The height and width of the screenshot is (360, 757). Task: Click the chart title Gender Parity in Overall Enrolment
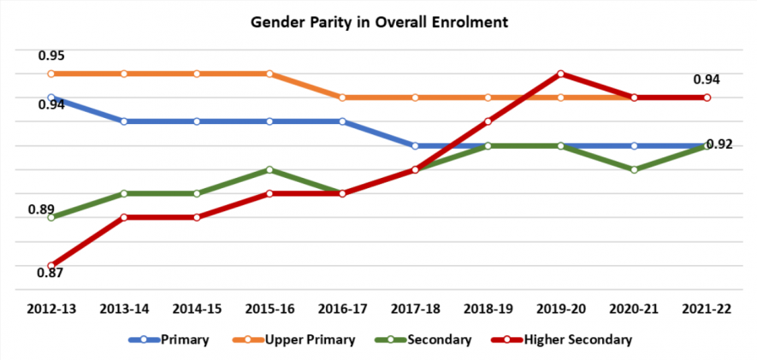click(378, 21)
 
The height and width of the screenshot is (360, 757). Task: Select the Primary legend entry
click(184, 339)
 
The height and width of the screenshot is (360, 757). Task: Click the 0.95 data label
click(51, 56)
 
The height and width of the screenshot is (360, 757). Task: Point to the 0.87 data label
click(51, 273)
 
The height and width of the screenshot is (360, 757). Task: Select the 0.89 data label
click(40, 210)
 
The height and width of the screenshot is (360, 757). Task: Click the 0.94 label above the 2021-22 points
click(707, 80)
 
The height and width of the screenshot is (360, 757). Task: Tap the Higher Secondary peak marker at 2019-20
click(560, 74)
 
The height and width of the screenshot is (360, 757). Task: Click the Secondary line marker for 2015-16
click(269, 169)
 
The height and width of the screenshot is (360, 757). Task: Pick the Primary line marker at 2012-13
click(51, 97)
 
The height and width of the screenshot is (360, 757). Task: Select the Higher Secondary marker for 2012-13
click(51, 265)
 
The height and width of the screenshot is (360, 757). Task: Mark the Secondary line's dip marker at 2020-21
click(634, 169)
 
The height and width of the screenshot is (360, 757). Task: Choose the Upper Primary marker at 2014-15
click(197, 74)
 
